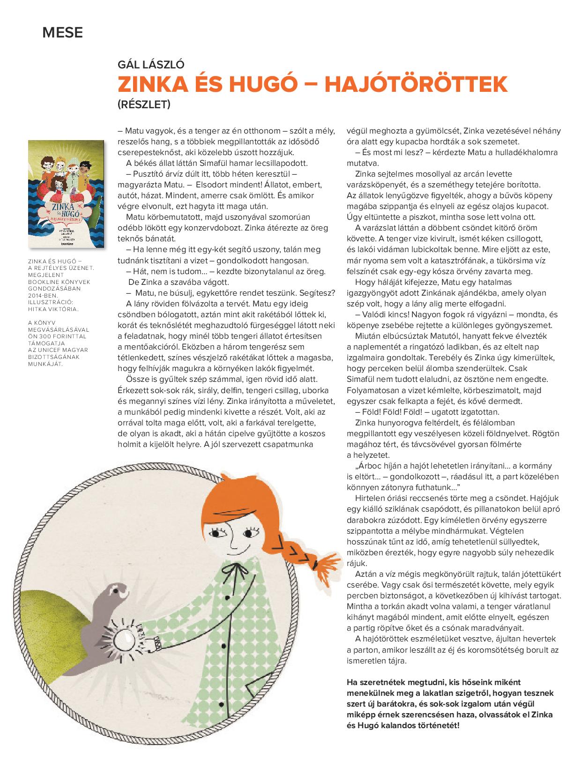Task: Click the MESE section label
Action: click(x=63, y=33)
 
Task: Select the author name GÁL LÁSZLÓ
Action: click(x=151, y=66)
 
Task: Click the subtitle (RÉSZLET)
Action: click(x=144, y=104)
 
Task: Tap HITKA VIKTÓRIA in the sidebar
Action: click(x=53, y=309)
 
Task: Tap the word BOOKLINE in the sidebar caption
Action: click(x=43, y=282)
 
